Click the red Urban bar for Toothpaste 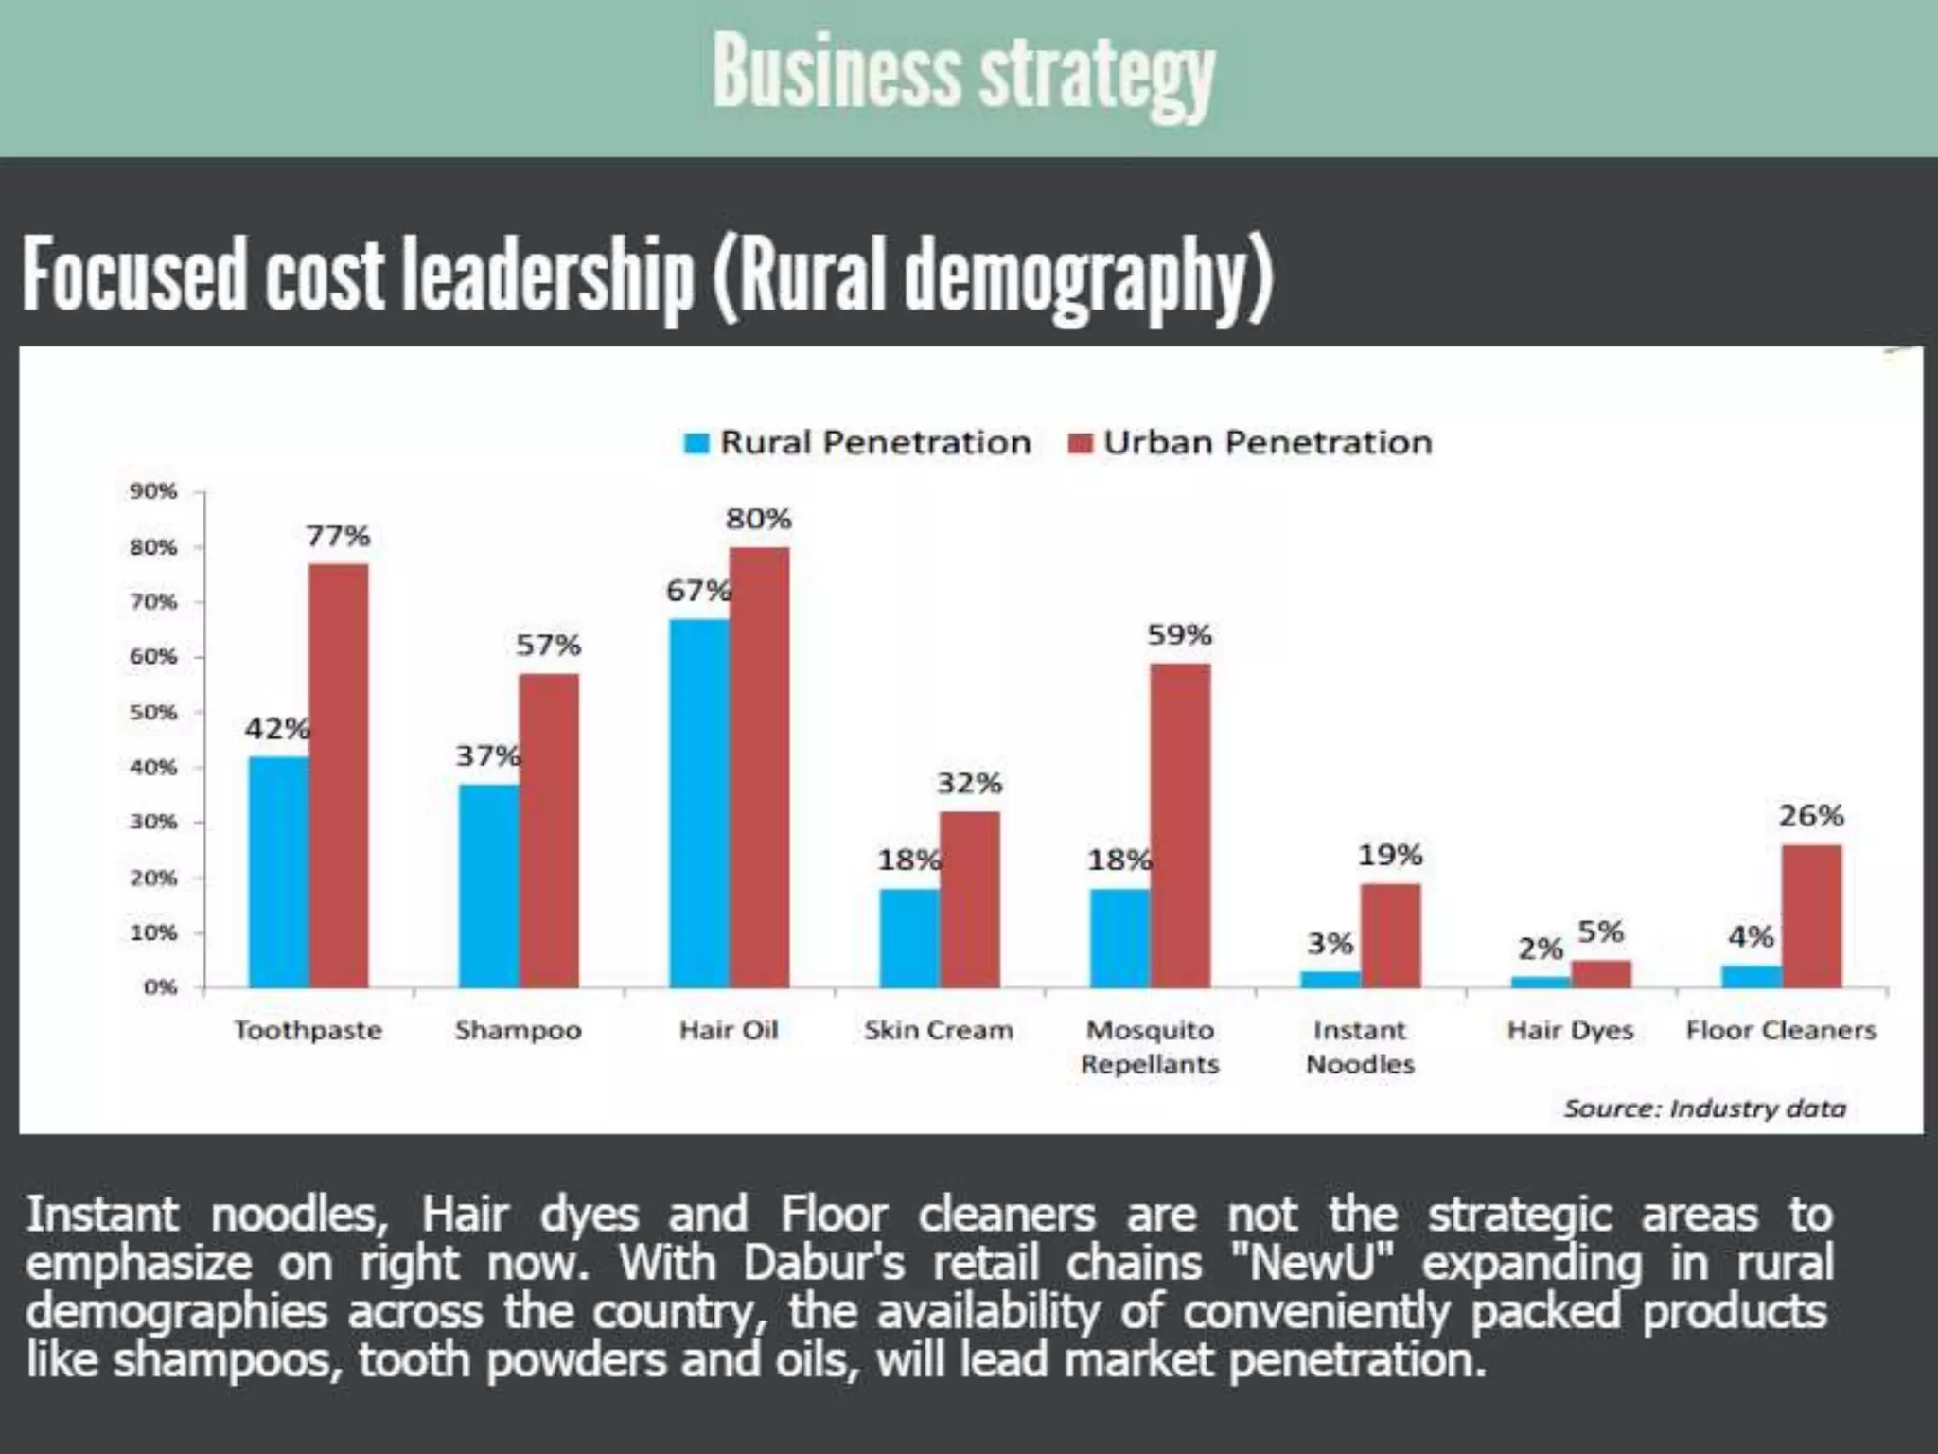click(x=339, y=776)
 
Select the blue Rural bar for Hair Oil click(x=699, y=805)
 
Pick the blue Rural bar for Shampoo click(x=488, y=886)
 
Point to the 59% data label click(x=1179, y=635)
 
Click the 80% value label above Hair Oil click(x=758, y=519)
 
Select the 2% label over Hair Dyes click(x=1540, y=948)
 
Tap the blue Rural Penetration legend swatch click(x=696, y=443)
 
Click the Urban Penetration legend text click(x=1267, y=443)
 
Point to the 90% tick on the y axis click(x=153, y=491)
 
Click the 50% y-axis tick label click(x=153, y=712)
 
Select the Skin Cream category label click(x=938, y=1030)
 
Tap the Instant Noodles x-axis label click(x=1360, y=1047)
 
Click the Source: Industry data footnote click(x=1704, y=1108)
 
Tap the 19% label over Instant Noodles click(x=1389, y=856)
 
